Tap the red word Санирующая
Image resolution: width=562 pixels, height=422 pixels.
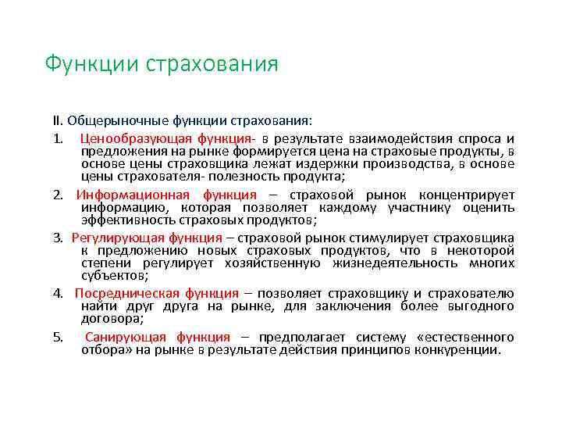point(126,337)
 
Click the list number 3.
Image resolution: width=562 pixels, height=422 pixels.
point(58,238)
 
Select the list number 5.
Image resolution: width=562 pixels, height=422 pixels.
point(58,337)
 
